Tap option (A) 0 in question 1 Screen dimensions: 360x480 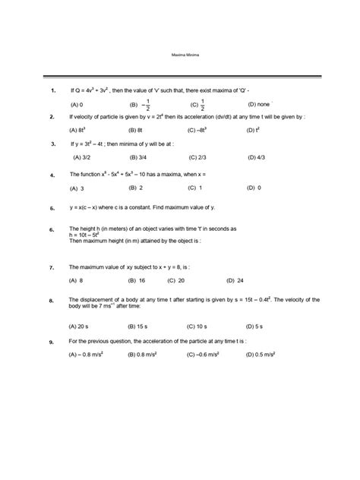click(x=77, y=104)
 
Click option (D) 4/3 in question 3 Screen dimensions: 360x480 click(x=256, y=157)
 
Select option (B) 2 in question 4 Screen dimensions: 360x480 click(x=137, y=187)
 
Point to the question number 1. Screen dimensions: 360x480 click(x=52, y=90)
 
